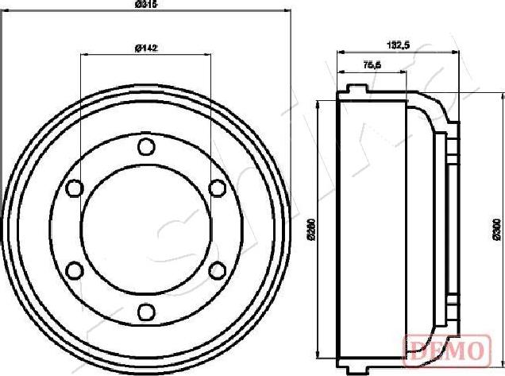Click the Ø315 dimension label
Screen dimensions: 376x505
coord(143,5)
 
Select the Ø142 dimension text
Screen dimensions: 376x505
coord(145,48)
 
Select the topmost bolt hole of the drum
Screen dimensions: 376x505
coord(145,147)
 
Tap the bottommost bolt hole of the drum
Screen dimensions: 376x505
coord(145,311)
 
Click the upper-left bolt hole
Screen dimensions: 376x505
coord(75,188)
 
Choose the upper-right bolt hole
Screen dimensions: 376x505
coord(216,188)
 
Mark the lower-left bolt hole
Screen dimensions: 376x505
coord(75,270)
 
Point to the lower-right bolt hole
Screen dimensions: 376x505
coord(216,270)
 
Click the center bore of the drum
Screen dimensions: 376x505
coord(145,229)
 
